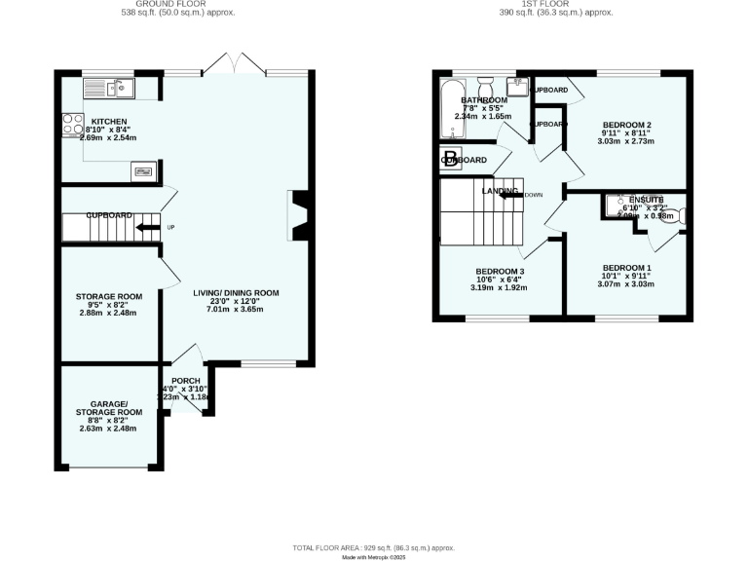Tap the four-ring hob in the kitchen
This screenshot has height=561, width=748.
(73, 125)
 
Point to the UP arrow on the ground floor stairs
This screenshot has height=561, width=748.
(147, 228)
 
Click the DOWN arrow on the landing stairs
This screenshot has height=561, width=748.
(509, 194)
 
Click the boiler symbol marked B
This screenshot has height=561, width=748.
(450, 160)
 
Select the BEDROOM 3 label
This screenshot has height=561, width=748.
(500, 271)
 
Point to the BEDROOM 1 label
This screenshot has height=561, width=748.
(626, 268)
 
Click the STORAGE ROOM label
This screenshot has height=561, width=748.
(109, 296)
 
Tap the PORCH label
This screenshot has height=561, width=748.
(185, 381)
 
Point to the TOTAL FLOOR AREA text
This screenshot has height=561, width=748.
(374, 548)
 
